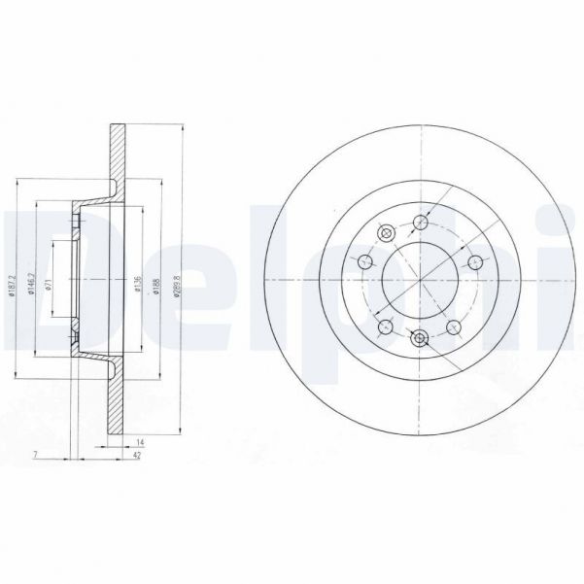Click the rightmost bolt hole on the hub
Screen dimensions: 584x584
475,260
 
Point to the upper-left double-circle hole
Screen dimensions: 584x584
384,232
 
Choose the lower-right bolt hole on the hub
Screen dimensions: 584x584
454,326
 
